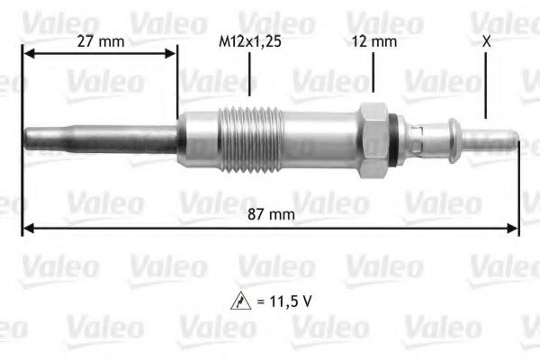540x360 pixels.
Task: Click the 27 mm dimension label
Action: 99,41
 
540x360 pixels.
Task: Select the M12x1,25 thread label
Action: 249,41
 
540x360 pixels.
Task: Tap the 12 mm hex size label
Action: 373,41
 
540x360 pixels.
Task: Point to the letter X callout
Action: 486,41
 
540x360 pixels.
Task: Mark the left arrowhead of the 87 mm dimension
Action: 27,229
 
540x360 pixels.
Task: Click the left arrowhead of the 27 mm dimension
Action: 27,53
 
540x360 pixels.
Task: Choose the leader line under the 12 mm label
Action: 373,72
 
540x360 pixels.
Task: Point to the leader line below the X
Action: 486,85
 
